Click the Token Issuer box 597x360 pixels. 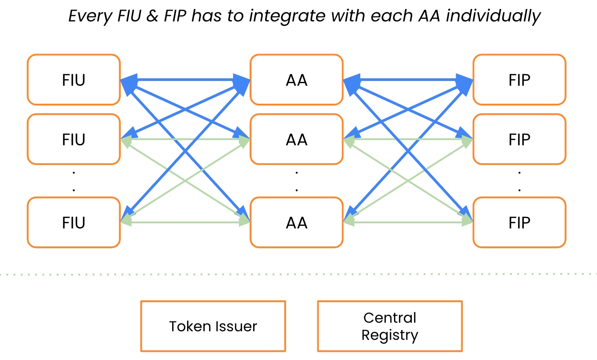213,326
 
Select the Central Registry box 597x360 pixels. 389,326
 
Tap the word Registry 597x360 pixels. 389,335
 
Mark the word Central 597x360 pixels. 390,318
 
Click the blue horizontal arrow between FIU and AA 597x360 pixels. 185,80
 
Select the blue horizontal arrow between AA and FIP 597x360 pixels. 408,80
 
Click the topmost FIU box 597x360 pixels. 74,80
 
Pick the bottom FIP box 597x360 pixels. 519,222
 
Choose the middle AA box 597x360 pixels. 296,139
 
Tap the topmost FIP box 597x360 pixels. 519,80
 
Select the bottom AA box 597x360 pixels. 296,222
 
